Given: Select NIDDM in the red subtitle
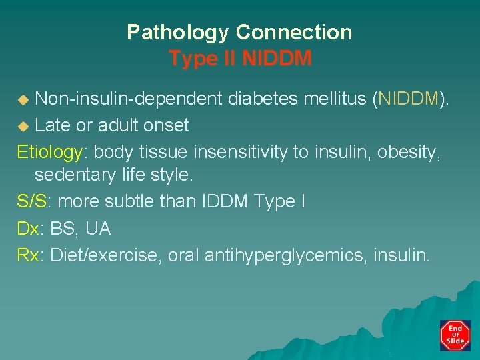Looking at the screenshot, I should point(277,59).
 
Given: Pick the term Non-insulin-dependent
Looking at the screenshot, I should point(129,99).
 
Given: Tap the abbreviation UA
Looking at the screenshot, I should point(97,229).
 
